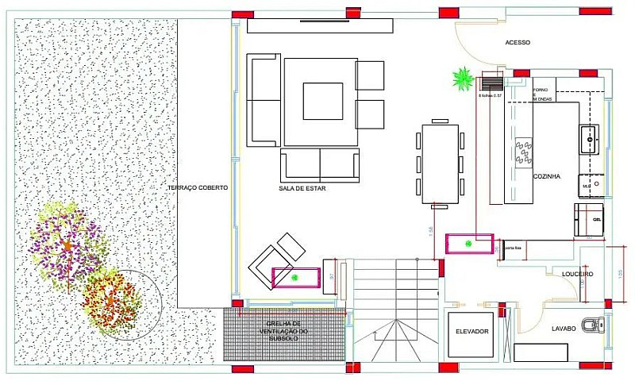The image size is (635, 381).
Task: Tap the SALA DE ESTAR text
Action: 302,189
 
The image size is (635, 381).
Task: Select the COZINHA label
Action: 548,176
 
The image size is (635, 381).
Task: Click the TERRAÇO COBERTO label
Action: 198,187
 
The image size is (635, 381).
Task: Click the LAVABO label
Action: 547,327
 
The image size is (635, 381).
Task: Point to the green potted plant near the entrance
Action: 463,79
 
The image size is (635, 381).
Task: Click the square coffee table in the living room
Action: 322,102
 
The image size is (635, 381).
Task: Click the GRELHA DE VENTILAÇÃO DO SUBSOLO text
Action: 283,331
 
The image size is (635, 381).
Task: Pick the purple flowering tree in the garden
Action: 67,244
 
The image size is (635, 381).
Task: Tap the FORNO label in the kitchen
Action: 541,90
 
